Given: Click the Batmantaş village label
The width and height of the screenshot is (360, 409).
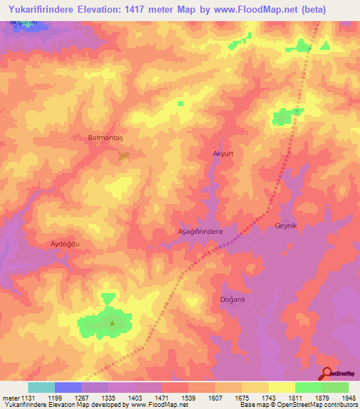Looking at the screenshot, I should coord(105,138).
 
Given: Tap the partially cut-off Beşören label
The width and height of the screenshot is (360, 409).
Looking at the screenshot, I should coord(22,22).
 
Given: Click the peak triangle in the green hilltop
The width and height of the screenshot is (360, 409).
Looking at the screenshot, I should coord(112,323).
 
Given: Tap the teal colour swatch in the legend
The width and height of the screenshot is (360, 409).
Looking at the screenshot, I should coord(41,387).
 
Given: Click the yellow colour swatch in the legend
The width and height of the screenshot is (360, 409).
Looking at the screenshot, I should coord(281,387).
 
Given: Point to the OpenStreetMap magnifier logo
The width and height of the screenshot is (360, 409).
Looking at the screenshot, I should coord(327,374).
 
